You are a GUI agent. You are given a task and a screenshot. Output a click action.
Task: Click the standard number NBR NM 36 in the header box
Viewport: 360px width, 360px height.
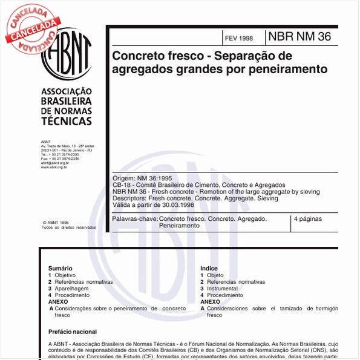[x=299, y=37]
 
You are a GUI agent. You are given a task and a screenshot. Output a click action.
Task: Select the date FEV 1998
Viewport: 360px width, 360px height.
[x=238, y=38]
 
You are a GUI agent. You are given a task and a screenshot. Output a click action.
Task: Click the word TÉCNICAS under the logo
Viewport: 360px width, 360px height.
[x=67, y=121]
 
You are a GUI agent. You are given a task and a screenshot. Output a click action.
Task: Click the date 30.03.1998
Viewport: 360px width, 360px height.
[x=169, y=205]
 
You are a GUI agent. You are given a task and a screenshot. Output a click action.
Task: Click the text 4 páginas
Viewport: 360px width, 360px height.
[x=307, y=218]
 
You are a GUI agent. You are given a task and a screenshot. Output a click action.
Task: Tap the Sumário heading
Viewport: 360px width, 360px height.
[x=61, y=268]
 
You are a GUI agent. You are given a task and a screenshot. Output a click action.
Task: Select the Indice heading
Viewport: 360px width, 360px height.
[x=209, y=268]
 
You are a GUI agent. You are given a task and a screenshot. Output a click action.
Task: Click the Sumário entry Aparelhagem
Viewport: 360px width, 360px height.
[x=72, y=289]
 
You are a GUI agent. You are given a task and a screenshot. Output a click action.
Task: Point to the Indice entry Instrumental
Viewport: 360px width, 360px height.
[x=222, y=289]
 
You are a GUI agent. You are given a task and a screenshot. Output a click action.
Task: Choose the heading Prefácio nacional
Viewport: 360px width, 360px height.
[x=73, y=332]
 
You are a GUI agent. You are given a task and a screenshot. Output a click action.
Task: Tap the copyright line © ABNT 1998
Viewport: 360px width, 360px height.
[x=56, y=222]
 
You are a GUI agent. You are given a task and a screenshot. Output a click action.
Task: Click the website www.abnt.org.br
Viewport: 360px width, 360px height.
[x=54, y=166]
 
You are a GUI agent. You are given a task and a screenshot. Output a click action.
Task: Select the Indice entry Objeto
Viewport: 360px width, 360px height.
[x=215, y=275]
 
